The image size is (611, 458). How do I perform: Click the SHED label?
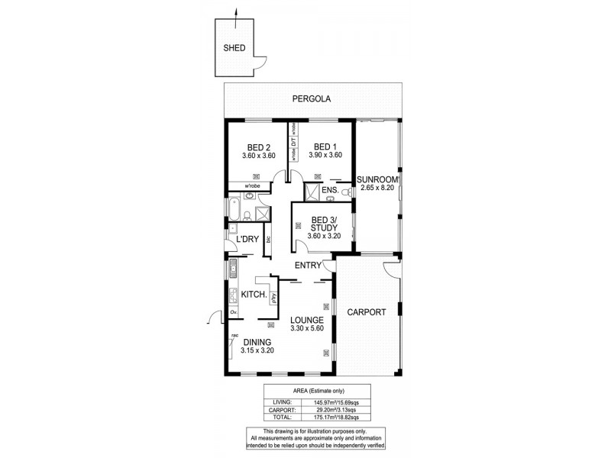point(234,47)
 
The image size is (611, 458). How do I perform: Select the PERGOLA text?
point(312,99)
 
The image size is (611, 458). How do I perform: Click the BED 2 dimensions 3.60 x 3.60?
point(258,156)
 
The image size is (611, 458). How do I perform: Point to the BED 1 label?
point(325,147)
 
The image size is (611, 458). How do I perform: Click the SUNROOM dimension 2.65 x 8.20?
point(378,189)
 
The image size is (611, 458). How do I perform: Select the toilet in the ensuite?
point(330,199)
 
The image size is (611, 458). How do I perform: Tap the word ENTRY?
point(309,265)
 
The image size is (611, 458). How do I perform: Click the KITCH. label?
point(253,295)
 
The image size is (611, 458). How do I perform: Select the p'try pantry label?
point(273,298)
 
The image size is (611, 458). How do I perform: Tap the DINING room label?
point(257,342)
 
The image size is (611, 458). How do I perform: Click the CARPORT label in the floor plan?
point(367,311)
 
